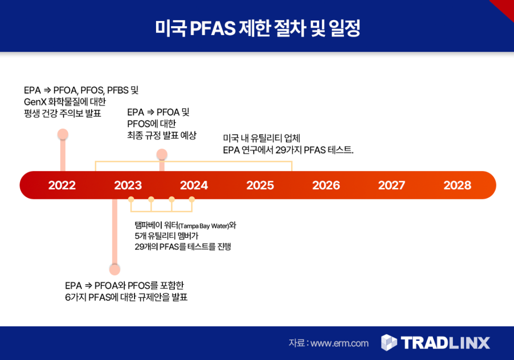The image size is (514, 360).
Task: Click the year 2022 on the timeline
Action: tap(62, 185)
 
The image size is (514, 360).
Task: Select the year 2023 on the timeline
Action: tap(128, 185)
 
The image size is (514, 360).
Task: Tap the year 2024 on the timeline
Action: tap(194, 185)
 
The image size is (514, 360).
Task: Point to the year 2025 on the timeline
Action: tap(260, 185)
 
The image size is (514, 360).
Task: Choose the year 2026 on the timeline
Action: tap(326, 185)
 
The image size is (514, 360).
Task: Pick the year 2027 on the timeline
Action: tap(392, 185)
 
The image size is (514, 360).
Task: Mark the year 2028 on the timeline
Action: tap(457, 185)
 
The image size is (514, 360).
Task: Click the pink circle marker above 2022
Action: tap(63, 134)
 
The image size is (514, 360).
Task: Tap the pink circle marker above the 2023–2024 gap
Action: tap(162, 154)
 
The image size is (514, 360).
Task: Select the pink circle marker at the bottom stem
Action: tap(114, 270)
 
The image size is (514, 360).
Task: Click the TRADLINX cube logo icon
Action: tap(389, 342)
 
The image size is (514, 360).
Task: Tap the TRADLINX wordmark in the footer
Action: tap(446, 343)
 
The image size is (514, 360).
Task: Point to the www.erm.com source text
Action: tap(339, 343)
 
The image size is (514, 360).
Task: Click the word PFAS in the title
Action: tap(212, 28)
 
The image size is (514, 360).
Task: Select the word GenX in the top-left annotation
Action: tap(35, 101)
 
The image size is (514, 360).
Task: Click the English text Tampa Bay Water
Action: tap(204, 226)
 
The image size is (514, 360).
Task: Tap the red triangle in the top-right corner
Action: tap(505, 8)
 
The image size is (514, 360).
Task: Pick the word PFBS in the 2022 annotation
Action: tap(117, 90)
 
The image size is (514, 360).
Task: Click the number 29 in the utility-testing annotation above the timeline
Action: tap(280, 150)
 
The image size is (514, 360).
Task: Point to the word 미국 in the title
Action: tap(171, 28)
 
